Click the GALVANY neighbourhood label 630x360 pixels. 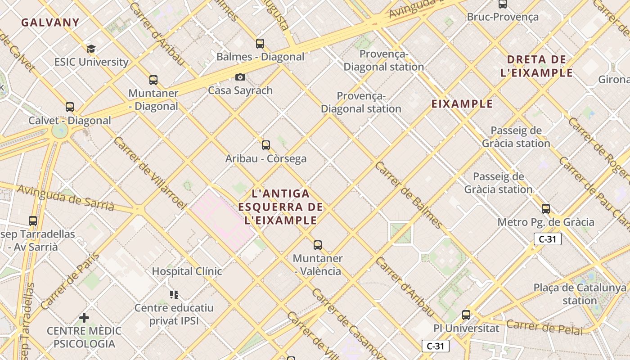(50, 22)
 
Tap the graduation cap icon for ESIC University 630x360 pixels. (91, 49)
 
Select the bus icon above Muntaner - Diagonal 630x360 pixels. (153, 80)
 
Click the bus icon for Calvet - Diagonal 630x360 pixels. (70, 107)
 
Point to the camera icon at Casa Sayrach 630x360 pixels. (240, 77)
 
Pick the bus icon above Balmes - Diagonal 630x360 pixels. (260, 44)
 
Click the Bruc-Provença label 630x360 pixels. (503, 17)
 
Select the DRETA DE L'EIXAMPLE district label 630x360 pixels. (536, 66)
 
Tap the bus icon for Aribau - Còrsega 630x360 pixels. (266, 145)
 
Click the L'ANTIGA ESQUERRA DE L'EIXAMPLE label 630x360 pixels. (281, 207)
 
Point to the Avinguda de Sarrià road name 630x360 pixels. (66, 198)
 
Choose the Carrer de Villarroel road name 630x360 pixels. (150, 173)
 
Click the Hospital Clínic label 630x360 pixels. (187, 271)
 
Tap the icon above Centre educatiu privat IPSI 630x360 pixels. (174, 295)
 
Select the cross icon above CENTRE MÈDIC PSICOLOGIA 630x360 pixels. (84, 318)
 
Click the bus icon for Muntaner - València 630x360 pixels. (318, 245)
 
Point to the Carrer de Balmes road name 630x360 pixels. (409, 194)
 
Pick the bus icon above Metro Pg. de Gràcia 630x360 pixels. (546, 208)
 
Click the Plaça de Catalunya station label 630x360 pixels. (580, 294)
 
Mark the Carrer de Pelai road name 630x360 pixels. (544, 327)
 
